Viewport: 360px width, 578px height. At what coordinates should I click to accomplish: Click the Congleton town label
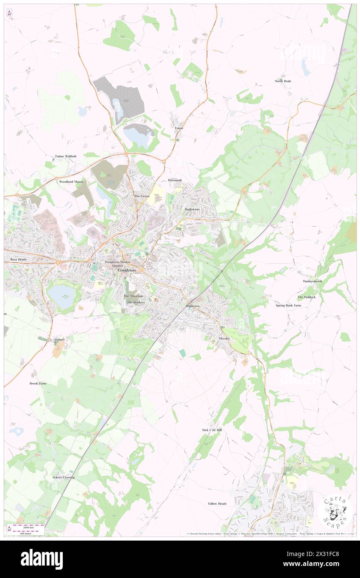tap(127, 270)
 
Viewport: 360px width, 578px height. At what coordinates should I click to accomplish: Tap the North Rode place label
tap(283, 81)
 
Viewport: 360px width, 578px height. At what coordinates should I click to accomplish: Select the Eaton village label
tap(179, 128)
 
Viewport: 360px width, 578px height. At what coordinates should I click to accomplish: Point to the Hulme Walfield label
tap(66, 156)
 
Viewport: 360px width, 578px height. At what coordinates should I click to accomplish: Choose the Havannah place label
tap(175, 180)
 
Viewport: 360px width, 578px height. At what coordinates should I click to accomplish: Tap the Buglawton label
tap(192, 209)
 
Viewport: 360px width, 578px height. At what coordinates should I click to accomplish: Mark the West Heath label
tap(18, 259)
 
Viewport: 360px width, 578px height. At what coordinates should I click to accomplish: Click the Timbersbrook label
tap(312, 282)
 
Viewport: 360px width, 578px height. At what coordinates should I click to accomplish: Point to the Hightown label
tap(192, 306)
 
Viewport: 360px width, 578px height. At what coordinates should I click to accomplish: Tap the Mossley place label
tap(224, 339)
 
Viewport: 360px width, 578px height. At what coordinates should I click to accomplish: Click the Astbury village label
tap(59, 340)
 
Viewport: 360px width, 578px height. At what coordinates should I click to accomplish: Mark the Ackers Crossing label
tap(64, 477)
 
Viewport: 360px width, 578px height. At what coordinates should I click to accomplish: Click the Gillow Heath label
tap(217, 504)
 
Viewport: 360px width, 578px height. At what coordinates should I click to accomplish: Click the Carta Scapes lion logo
tap(335, 512)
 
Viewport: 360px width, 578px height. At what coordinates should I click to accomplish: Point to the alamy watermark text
tap(42, 559)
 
